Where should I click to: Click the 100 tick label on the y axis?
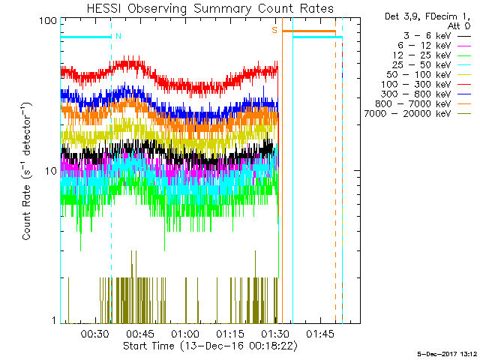48,20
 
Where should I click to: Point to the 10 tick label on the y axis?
51,171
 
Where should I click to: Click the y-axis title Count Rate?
27,171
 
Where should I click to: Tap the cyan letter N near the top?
118,36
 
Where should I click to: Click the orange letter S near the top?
274,30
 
